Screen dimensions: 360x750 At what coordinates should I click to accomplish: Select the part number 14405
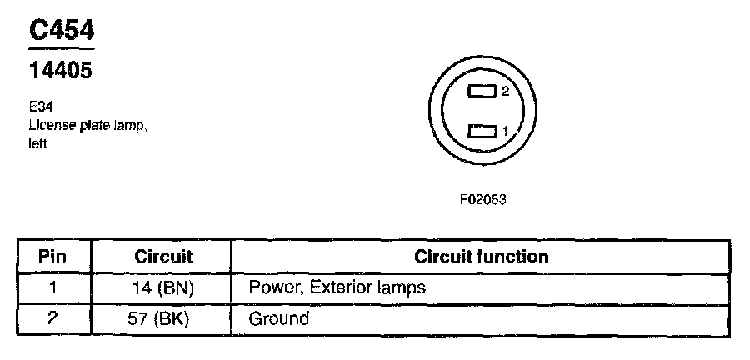point(60,72)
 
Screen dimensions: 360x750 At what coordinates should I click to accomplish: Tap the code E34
point(39,108)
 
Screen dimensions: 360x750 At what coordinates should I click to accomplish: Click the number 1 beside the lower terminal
point(505,131)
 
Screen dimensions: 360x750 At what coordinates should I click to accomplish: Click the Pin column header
point(52,257)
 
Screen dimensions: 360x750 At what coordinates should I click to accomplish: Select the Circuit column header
point(163,257)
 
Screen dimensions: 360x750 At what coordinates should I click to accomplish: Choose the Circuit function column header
point(482,257)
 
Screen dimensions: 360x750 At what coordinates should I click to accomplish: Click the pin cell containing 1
point(52,288)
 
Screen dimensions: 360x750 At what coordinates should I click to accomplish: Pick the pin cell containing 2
point(52,318)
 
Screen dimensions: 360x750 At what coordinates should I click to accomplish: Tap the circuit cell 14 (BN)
point(163,288)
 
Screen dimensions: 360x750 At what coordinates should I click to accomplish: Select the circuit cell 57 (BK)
point(163,318)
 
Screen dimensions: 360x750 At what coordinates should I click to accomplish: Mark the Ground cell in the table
point(278,318)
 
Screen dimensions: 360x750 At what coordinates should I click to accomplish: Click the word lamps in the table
point(404,288)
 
